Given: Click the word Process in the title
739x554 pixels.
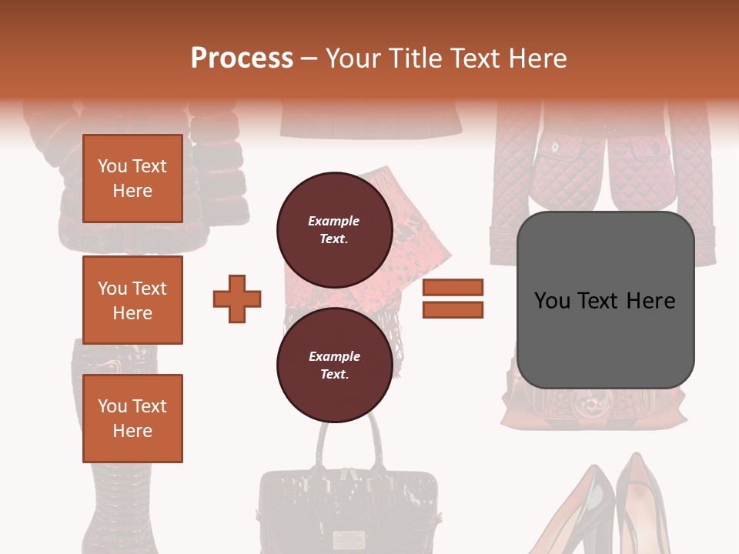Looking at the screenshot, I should coord(242,58).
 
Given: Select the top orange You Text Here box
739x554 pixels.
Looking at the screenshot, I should coord(132,179).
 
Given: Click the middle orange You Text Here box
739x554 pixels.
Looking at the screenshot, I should coord(132,300).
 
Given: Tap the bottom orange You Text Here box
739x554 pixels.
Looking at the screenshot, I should coord(132,419).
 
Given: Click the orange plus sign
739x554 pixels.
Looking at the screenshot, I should coord(237,299).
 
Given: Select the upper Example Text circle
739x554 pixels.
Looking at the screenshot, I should coord(334,229).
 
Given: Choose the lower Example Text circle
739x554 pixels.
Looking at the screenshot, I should coord(334,365).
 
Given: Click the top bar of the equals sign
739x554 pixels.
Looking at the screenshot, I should coord(453,287).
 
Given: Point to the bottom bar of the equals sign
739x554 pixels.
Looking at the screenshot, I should coord(453,309).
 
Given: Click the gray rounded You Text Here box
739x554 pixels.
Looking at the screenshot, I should coord(605,300).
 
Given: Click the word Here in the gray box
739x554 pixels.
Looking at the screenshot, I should coord(650,300).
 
